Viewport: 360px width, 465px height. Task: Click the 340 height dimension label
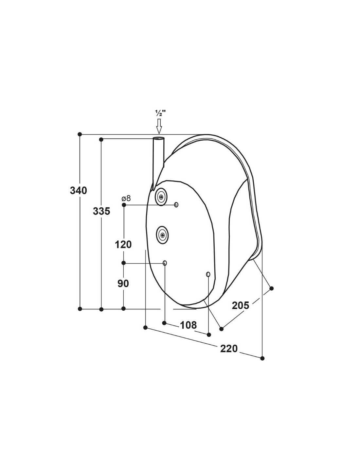[x=79, y=190]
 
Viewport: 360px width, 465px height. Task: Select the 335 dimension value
[x=101, y=211]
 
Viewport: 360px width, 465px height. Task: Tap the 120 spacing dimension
[x=123, y=244]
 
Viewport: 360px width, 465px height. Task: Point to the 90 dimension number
[x=123, y=284]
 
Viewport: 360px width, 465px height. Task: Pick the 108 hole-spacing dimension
[x=188, y=325]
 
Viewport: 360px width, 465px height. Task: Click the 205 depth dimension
[x=241, y=305]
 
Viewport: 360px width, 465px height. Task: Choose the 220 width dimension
[x=229, y=349]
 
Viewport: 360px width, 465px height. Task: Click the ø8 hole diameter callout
[x=126, y=198]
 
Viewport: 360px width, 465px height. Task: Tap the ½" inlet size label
[x=160, y=113]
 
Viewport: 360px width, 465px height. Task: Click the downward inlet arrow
[x=159, y=126]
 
